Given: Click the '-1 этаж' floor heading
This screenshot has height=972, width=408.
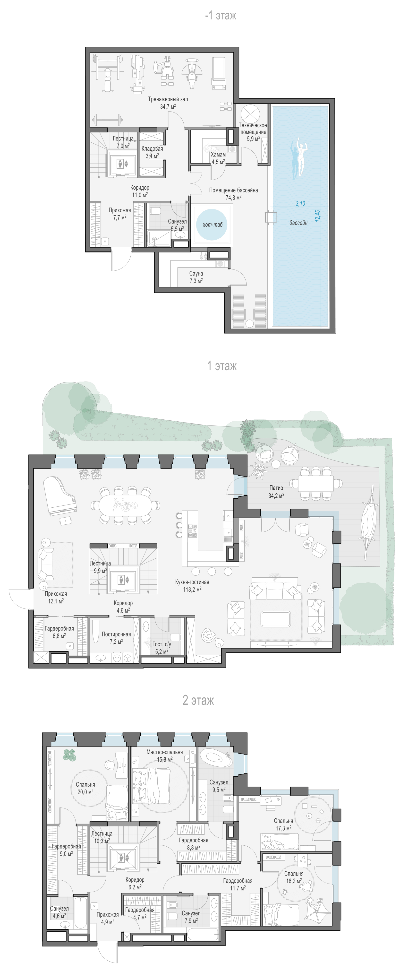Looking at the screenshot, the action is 220,16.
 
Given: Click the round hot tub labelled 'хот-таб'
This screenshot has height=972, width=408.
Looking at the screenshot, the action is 212,225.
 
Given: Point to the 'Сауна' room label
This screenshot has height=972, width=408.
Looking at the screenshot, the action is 196,273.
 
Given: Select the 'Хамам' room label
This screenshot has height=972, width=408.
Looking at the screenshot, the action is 218,154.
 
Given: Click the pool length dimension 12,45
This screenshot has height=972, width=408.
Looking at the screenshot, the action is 317,216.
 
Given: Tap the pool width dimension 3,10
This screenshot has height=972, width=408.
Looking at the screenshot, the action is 300,203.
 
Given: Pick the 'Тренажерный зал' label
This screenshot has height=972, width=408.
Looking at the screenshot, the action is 168,99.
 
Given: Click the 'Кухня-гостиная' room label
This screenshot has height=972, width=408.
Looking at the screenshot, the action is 192,582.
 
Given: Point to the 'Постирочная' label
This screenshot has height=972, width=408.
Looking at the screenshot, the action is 116,634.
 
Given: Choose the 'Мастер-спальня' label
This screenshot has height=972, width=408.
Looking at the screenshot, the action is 164,752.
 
